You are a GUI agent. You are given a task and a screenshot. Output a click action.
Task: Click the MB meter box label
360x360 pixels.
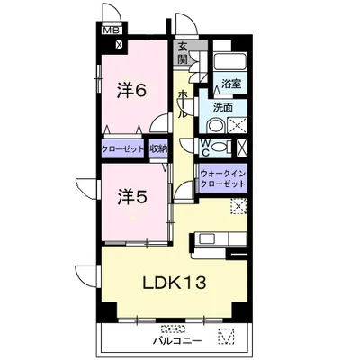112,31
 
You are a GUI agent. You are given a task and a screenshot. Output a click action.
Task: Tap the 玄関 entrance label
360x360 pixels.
183,53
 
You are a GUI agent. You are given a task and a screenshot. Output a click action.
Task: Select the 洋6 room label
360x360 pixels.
132,90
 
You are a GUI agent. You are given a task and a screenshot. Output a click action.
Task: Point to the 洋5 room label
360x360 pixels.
132,197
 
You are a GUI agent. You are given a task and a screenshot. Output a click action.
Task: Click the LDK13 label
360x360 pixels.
174,283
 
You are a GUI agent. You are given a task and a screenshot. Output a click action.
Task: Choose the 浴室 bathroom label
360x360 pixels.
231,84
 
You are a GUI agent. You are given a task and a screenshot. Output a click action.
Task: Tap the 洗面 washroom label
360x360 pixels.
223,107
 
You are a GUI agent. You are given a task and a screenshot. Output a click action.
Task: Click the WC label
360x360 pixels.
205,148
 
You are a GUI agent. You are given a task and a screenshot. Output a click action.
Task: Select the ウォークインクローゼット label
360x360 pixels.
223,178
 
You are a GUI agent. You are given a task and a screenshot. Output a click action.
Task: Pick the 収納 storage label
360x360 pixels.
159,148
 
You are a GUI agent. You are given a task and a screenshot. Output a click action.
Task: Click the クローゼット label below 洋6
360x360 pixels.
123,148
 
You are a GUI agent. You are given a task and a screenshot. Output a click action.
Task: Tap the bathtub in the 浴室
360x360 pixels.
231,62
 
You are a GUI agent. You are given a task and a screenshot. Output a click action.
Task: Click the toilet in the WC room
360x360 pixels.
220,147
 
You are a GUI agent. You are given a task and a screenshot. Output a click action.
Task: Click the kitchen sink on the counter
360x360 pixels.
206,239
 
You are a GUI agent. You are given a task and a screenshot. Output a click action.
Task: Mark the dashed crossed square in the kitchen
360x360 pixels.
238,206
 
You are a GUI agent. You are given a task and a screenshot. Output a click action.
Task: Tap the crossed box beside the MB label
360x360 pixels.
120,45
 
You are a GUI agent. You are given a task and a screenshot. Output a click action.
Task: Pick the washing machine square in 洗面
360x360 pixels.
238,126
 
